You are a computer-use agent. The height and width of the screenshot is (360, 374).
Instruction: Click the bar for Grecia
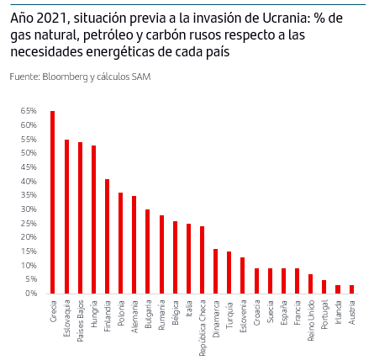coord(52,202)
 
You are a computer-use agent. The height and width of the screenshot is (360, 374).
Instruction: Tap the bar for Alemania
coord(134,245)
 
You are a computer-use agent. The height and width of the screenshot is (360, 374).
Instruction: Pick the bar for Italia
coord(188,258)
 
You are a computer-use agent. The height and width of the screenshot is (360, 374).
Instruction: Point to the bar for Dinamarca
coord(215,271)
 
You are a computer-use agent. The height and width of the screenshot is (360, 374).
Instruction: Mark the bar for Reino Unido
coord(310,283)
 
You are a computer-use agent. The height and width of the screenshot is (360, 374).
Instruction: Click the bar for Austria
coord(351,289)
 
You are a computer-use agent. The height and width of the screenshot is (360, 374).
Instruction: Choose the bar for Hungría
coord(93,220)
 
